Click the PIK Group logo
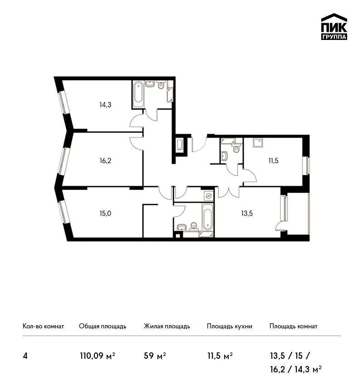334,27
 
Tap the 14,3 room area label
105,105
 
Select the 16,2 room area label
105,161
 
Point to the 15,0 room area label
105,213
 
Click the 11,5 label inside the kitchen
273,161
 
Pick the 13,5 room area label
247,213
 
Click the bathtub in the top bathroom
138,94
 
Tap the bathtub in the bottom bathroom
208,217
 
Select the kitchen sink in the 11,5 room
257,143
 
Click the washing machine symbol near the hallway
209,196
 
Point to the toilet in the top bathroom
161,85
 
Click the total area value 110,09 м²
98,356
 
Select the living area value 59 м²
155,356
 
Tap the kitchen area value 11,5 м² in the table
220,356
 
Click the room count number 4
25,356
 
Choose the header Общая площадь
103,327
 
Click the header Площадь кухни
230,327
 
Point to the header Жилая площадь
167,327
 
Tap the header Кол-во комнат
43,327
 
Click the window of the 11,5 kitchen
308,166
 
